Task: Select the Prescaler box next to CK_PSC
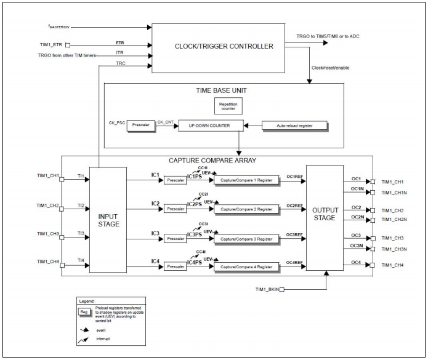[137, 126]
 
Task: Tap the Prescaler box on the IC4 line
[176, 266]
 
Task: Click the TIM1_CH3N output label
[393, 249]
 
